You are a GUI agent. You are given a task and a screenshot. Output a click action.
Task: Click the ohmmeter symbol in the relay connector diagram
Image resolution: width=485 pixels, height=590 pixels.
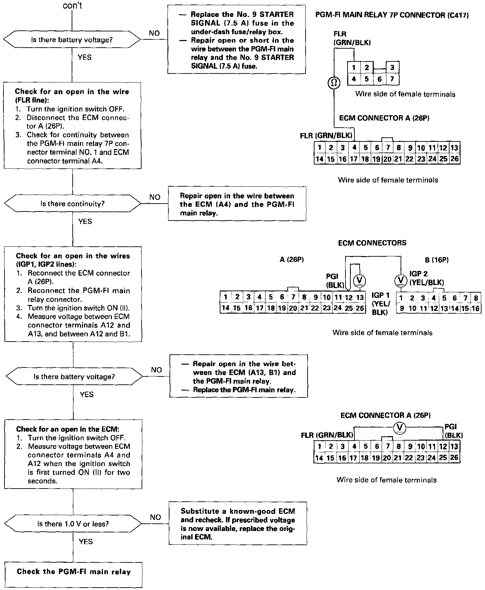(x=333, y=83)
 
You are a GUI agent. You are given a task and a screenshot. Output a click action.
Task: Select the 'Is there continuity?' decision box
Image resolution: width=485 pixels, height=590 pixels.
(x=72, y=204)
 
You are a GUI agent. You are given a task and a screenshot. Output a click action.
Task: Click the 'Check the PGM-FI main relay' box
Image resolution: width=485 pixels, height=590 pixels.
(x=73, y=572)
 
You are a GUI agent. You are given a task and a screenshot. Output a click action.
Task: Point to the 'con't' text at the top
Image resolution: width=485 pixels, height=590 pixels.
(x=72, y=6)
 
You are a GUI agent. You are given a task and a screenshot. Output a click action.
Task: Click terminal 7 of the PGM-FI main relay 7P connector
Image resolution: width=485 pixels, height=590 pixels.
(x=392, y=79)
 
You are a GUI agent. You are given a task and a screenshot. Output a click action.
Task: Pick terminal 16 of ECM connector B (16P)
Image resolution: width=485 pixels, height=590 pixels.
(x=476, y=308)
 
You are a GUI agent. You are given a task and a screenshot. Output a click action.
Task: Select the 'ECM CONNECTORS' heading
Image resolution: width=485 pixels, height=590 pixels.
(x=372, y=243)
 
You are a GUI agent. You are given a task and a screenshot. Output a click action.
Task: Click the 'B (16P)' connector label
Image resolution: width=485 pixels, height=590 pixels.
(x=437, y=260)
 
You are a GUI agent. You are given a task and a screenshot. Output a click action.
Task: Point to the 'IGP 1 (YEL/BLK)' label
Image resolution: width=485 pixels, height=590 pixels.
(x=381, y=304)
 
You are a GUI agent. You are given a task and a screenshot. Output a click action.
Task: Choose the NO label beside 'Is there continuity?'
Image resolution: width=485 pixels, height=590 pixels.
(x=155, y=197)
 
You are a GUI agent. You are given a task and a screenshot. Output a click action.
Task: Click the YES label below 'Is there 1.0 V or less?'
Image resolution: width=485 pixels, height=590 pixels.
(x=86, y=542)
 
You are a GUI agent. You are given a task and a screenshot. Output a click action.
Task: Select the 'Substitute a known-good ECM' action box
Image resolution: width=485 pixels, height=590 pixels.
(x=238, y=523)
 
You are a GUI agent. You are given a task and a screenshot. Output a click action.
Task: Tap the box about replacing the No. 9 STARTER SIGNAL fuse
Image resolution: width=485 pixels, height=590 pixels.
(x=237, y=39)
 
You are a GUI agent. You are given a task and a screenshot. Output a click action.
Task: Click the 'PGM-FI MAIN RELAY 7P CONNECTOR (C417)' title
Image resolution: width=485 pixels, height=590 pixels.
(x=392, y=15)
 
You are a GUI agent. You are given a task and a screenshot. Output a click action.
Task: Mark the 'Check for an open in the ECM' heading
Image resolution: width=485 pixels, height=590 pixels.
(x=68, y=429)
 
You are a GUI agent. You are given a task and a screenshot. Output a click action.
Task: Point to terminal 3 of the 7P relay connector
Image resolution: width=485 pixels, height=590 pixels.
(x=392, y=68)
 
